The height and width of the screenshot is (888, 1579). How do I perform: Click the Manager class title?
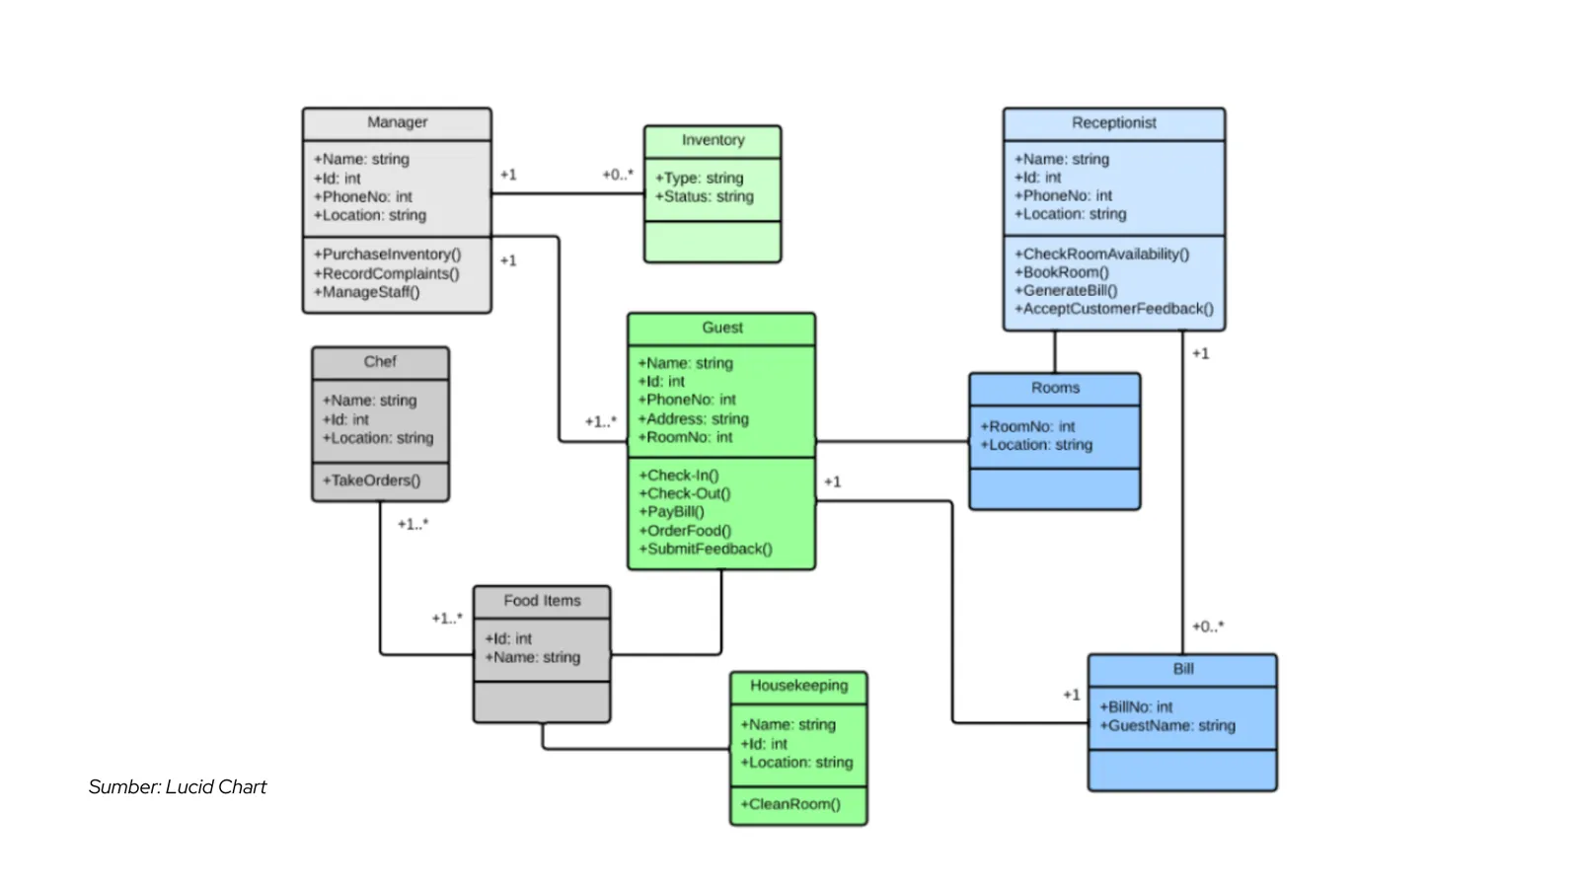click(397, 122)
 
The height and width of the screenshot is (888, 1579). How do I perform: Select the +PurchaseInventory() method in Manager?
click(387, 255)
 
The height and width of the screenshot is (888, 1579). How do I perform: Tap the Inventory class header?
click(713, 140)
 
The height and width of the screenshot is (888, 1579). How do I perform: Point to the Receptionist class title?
click(1113, 122)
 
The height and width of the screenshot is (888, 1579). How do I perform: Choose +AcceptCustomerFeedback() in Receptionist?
click(1114, 309)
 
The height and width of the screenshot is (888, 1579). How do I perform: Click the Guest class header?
click(721, 328)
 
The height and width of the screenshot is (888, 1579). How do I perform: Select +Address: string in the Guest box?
click(693, 418)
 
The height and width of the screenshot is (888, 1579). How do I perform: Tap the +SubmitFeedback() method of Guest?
click(705, 549)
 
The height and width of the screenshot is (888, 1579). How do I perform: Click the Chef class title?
click(380, 362)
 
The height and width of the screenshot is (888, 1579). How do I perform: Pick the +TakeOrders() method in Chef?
click(371, 481)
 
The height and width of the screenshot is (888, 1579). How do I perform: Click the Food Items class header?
click(542, 601)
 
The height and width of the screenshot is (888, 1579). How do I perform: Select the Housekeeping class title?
click(798, 686)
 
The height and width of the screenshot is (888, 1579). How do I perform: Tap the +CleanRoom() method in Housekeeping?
click(789, 804)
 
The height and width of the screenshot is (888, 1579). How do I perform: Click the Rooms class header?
click(1055, 388)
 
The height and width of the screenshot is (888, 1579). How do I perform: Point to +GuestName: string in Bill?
click(1167, 725)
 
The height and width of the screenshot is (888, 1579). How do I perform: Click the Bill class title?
click(1183, 669)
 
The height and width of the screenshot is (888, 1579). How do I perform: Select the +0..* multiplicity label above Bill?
click(1207, 627)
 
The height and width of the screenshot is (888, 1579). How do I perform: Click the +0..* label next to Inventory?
click(618, 175)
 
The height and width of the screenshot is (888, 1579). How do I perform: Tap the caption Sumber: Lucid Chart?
click(178, 786)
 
